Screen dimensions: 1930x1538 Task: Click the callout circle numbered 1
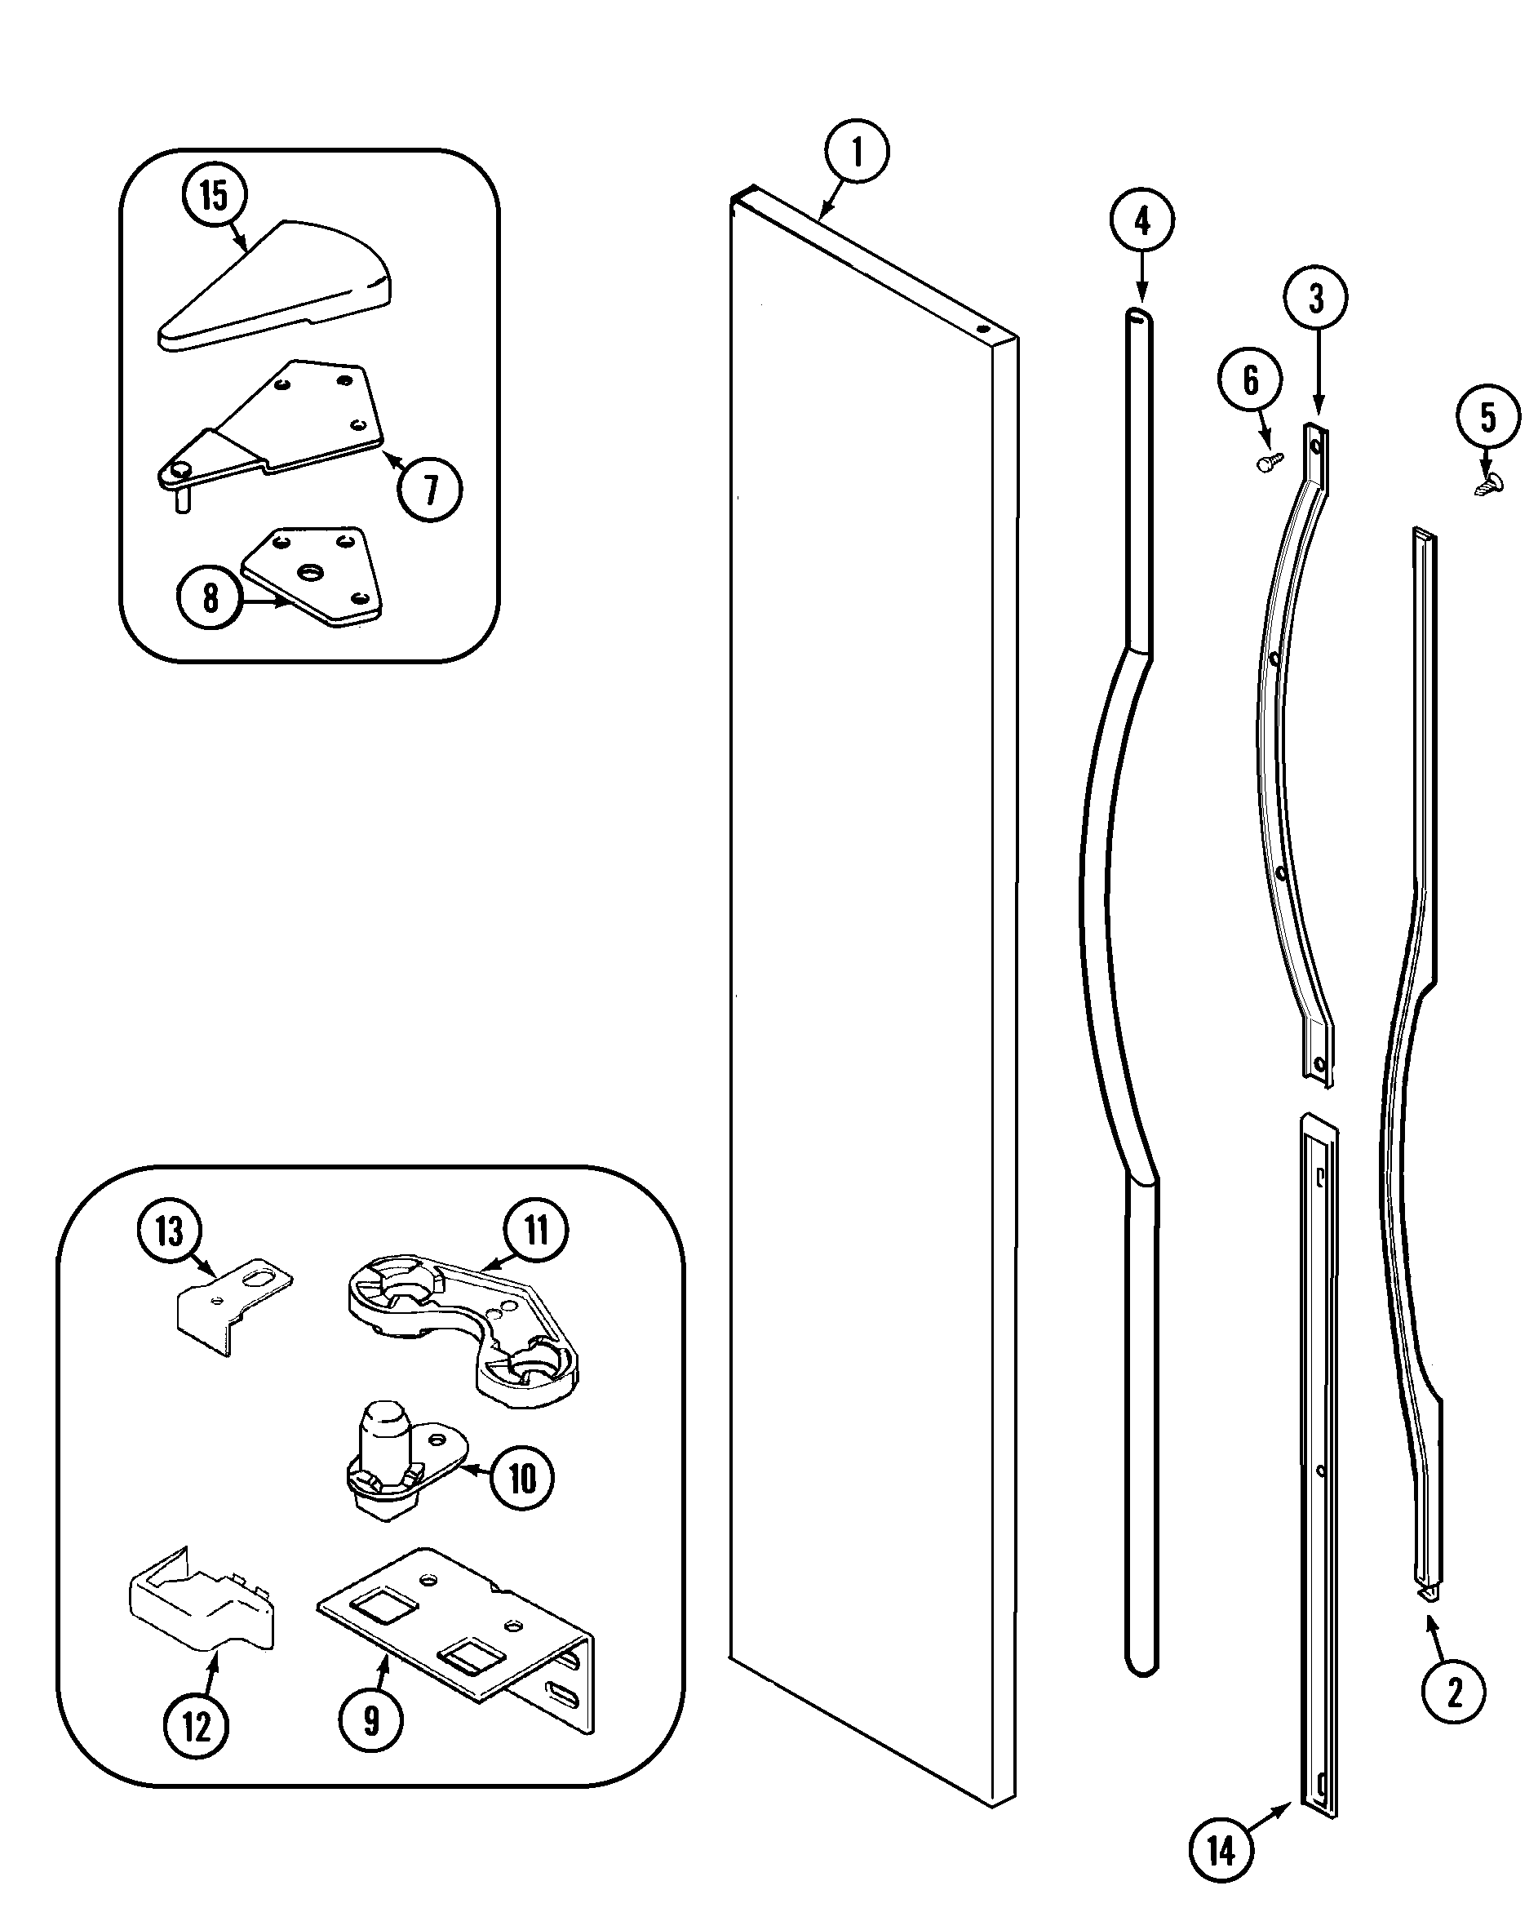tap(856, 151)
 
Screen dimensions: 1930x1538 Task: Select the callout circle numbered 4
tap(1142, 220)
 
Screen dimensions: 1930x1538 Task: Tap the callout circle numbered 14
tap(1221, 1850)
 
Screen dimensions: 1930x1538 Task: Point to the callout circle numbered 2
tap(1454, 1693)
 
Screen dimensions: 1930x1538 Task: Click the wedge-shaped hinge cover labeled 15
tap(277, 286)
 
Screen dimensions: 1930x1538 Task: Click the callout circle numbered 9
tap(370, 1720)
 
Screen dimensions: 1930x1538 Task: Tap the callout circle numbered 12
tap(196, 1726)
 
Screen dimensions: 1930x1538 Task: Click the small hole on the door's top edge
tap(982, 329)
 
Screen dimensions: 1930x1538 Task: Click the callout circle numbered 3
tap(1316, 298)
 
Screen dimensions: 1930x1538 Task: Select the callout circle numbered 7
tap(431, 490)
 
